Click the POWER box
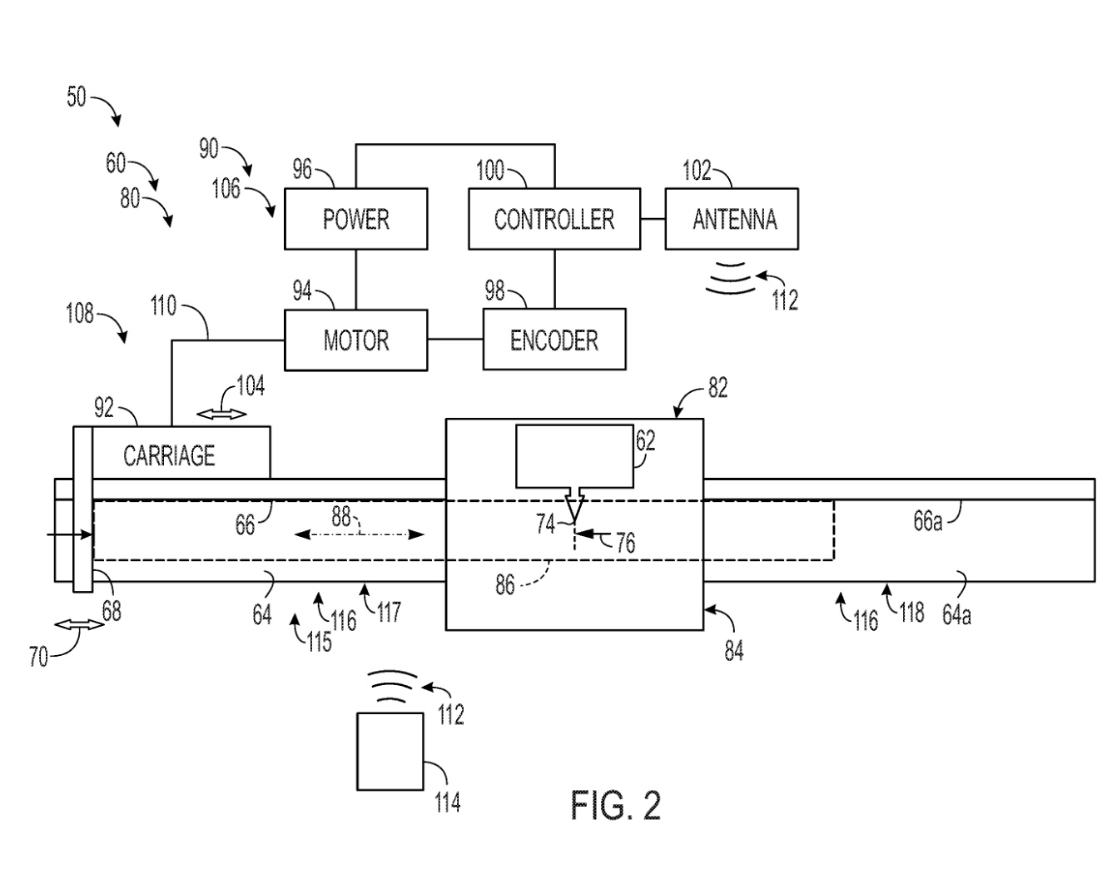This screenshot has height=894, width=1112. pyautogui.click(x=355, y=219)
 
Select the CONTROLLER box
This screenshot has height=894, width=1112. pyautogui.click(x=554, y=219)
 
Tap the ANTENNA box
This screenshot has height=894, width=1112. pyautogui.click(x=732, y=219)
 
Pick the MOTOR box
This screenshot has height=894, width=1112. pyautogui.click(x=355, y=340)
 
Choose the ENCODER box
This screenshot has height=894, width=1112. pyautogui.click(x=554, y=340)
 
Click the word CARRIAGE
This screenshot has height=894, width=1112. pyautogui.click(x=169, y=455)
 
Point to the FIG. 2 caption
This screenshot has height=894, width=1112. pyautogui.click(x=615, y=806)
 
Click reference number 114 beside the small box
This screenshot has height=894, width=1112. pyautogui.click(x=447, y=802)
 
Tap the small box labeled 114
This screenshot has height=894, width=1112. pyautogui.click(x=389, y=752)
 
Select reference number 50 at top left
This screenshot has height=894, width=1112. pyautogui.click(x=76, y=97)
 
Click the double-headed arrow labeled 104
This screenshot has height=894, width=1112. pyautogui.click(x=224, y=414)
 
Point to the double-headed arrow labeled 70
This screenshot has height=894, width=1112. pyautogui.click(x=80, y=624)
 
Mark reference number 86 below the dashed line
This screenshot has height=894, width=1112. pyautogui.click(x=505, y=585)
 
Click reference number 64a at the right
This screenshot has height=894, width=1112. pyautogui.click(x=957, y=614)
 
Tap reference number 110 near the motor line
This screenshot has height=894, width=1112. pyautogui.click(x=163, y=306)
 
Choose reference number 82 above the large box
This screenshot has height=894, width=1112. pyautogui.click(x=717, y=389)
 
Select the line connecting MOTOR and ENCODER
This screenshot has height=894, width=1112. pyautogui.click(x=455, y=340)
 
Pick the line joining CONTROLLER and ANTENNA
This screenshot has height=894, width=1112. pyautogui.click(x=653, y=219)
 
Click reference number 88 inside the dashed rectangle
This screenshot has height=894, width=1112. pyautogui.click(x=341, y=517)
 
